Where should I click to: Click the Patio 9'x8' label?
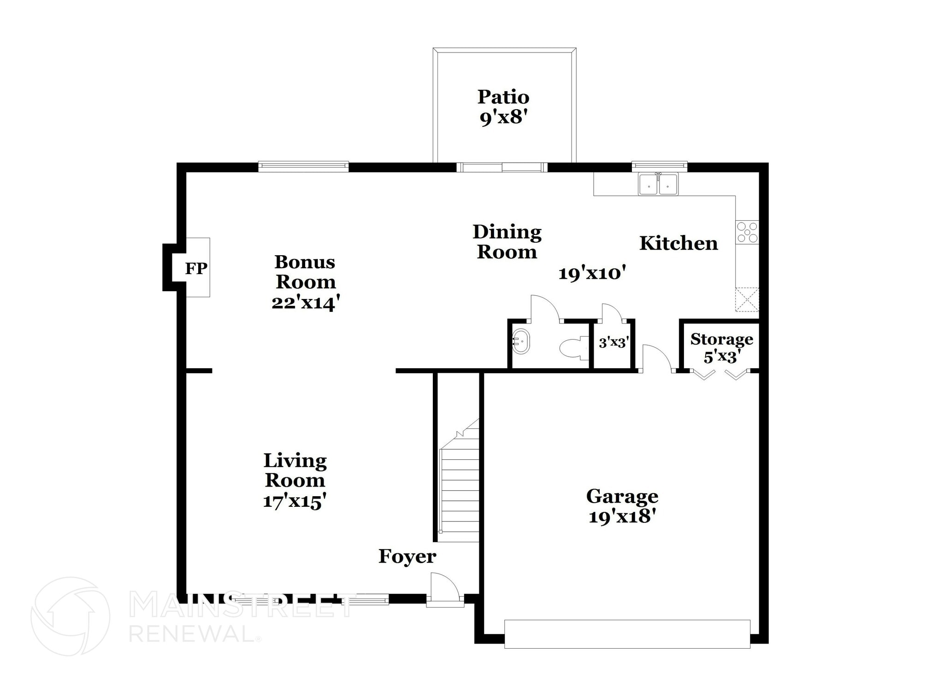pyautogui.click(x=503, y=107)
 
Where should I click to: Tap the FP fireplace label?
pyautogui.click(x=196, y=268)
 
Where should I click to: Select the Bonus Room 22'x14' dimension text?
pyautogui.click(x=306, y=303)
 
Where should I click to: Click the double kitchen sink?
pyautogui.click(x=658, y=184)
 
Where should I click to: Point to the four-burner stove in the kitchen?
pyautogui.click(x=747, y=232)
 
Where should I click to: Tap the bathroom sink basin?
pyautogui.click(x=521, y=341)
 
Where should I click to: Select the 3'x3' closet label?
pyautogui.click(x=614, y=342)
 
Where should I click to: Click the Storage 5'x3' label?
pyautogui.click(x=721, y=348)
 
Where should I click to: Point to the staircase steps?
pyautogui.click(x=460, y=488)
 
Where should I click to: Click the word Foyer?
pyautogui.click(x=407, y=557)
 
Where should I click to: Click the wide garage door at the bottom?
pyautogui.click(x=627, y=633)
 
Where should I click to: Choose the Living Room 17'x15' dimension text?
pyautogui.click(x=295, y=501)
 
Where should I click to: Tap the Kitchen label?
pyautogui.click(x=678, y=243)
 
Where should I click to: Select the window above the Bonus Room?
pyautogui.click(x=303, y=166)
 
